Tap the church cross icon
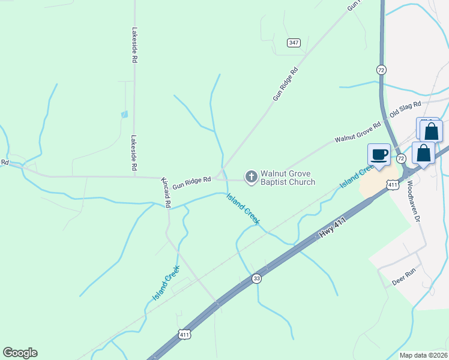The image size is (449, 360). coord(251,176)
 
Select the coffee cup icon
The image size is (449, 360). coord(379,154)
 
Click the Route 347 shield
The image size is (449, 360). coord(294,42)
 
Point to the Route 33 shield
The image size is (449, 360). coord(257,278)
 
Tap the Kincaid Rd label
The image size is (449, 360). coord(166,193)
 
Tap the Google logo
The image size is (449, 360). coord(20,353)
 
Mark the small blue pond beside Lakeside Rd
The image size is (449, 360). coord(124,114)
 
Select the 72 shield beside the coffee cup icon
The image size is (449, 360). coord(401,158)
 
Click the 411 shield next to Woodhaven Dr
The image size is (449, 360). coord(393,185)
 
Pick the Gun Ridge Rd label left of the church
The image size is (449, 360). coord(192,183)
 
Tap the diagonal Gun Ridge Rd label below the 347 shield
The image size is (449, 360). coord(285,84)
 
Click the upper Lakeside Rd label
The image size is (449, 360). coord(135,45)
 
